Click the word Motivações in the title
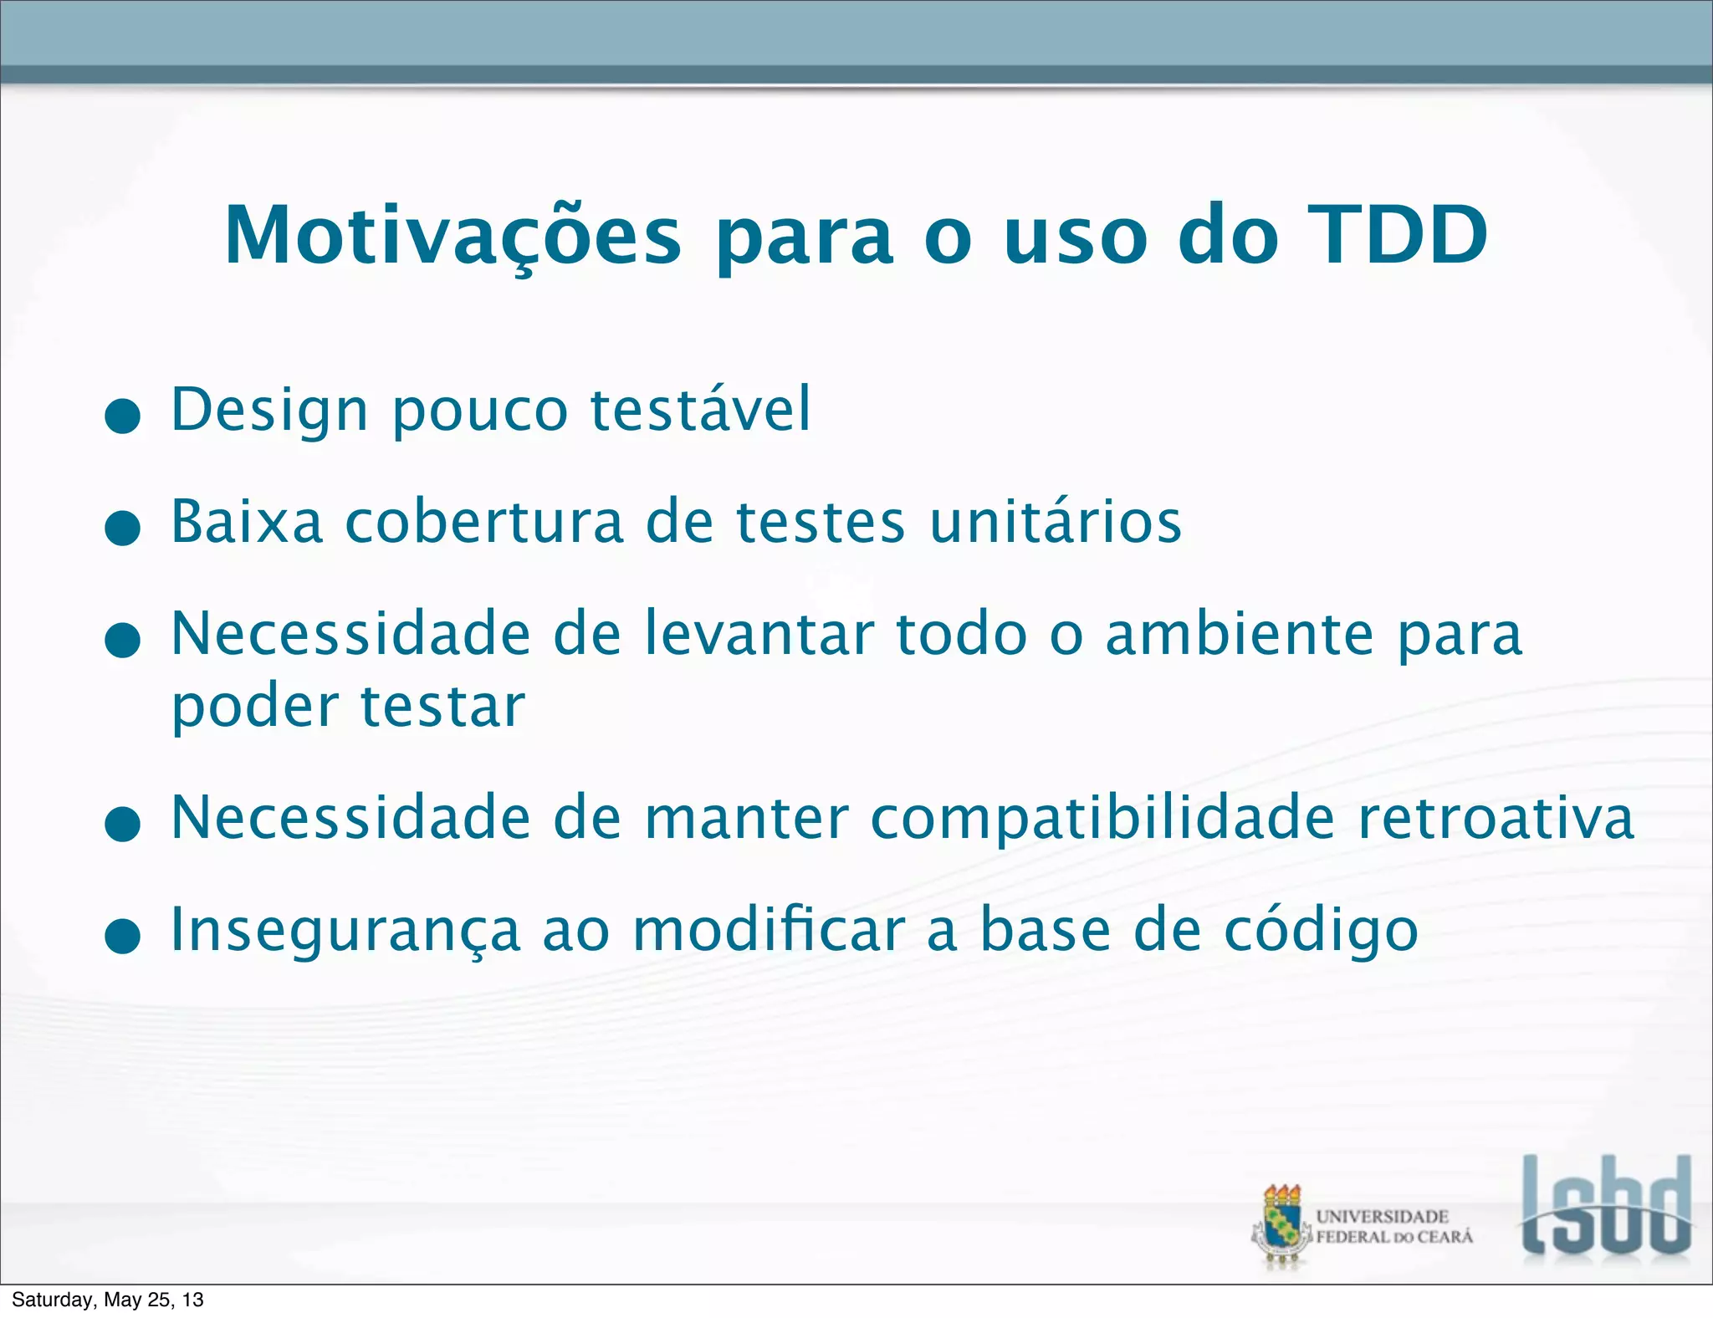click(x=453, y=236)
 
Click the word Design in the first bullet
click(x=269, y=410)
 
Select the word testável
click(x=701, y=410)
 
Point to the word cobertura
click(x=484, y=522)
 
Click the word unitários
click(x=1056, y=522)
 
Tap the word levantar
click(x=759, y=634)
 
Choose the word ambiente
click(x=1240, y=634)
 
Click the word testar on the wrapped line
click(x=442, y=708)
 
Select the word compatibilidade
click(x=1102, y=818)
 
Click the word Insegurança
click(x=345, y=930)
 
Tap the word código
click(x=1322, y=930)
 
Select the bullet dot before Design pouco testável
click(x=123, y=416)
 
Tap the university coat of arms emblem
click(x=1282, y=1226)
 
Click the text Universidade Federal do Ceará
click(x=1393, y=1227)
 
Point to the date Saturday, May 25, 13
click(x=107, y=1300)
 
